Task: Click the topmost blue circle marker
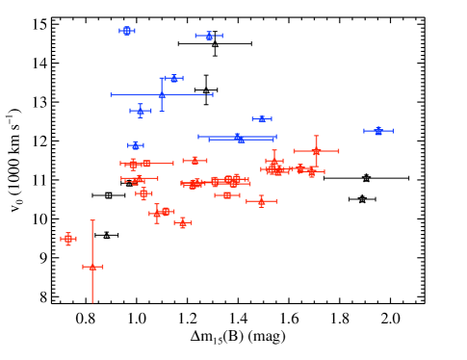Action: coord(127,31)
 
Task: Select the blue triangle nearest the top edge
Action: coord(209,36)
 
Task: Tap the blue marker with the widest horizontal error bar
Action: coord(162,94)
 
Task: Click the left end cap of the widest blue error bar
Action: coord(112,94)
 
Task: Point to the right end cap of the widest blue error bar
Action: coord(212,94)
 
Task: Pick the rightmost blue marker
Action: coord(378,131)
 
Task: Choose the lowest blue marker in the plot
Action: coord(136,145)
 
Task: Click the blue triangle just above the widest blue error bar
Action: coord(174,78)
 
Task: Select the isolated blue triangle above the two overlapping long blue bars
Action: coord(262,119)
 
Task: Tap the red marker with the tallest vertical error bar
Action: coord(92,267)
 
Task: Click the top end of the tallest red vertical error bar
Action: coord(92,220)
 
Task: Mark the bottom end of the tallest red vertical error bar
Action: coord(92,302)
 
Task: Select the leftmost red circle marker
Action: coord(68,239)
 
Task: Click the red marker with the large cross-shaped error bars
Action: coord(316,151)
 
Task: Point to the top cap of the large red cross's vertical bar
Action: coord(316,136)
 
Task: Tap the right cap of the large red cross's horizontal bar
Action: coord(339,151)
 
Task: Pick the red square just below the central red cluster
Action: coord(227,195)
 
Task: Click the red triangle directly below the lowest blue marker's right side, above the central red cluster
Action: coord(195,161)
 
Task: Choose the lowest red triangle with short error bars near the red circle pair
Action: coord(183,223)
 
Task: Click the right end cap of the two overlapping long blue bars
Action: coord(275,138)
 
